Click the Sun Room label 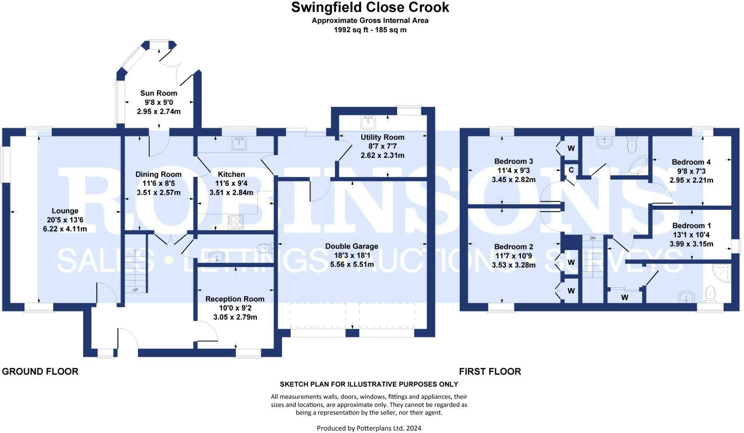coord(159,93)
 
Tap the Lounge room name coord(65,211)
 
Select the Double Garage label coord(352,246)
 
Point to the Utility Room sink coord(368,122)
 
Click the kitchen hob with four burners coord(236,222)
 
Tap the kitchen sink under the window coord(239,144)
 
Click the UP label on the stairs coord(135,290)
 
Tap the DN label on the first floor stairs coord(593,238)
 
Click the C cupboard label coord(571,170)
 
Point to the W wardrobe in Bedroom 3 coord(571,148)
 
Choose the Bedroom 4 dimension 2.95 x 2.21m coord(691,180)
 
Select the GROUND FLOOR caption coord(40,371)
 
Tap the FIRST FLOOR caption coord(490,371)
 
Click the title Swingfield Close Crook coord(370,7)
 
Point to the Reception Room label coord(235,299)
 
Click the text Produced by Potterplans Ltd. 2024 coord(369,428)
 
